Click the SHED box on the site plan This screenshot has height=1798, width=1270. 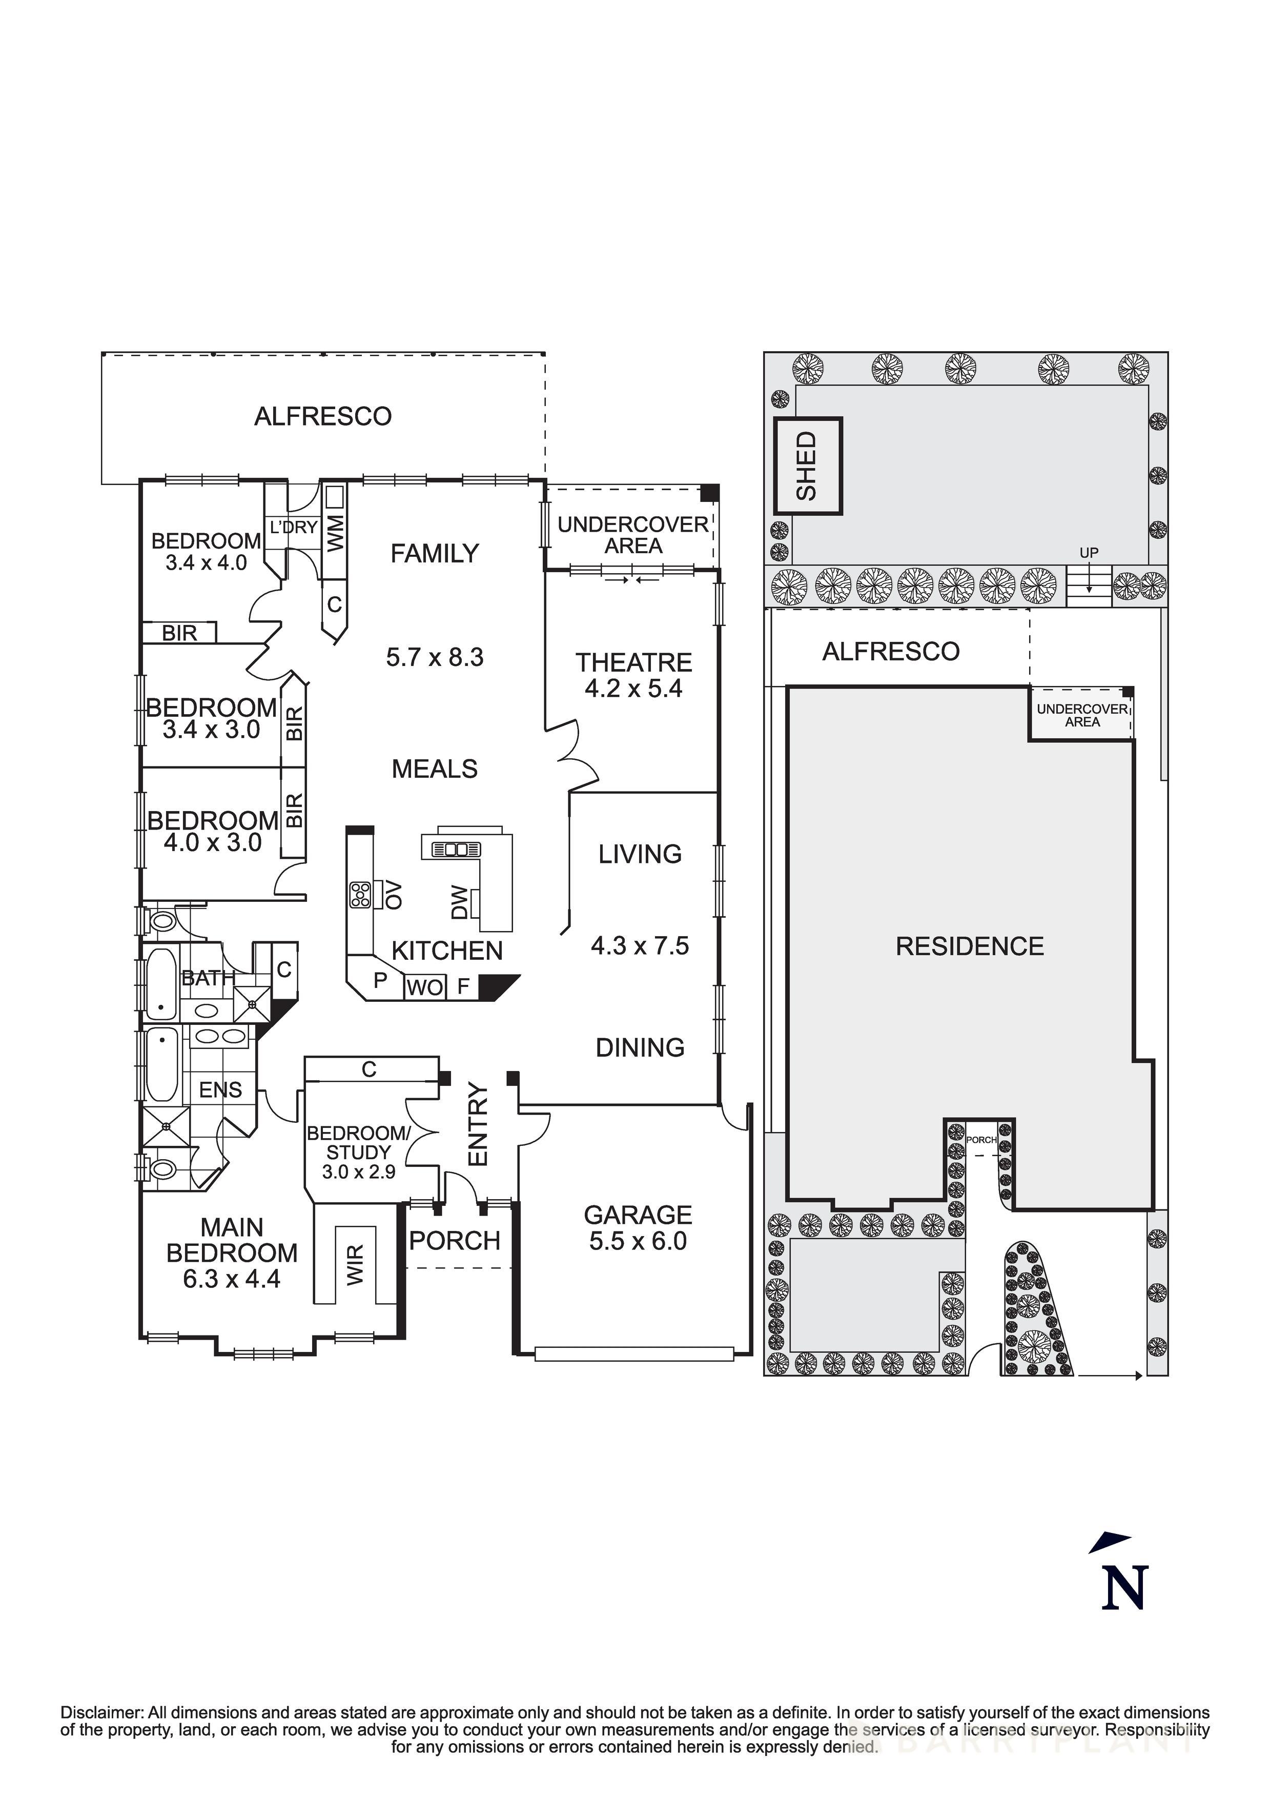(x=807, y=466)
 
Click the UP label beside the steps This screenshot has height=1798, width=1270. (x=1089, y=553)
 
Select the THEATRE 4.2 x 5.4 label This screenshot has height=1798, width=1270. (x=633, y=675)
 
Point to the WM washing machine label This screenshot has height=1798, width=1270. (x=335, y=533)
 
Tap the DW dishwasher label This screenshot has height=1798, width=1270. (x=460, y=902)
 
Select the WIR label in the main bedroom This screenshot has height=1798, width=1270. (x=356, y=1265)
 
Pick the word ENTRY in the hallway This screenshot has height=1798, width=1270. (x=478, y=1124)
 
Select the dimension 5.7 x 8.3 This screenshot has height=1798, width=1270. (x=435, y=657)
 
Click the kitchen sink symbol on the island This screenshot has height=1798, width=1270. (x=451, y=850)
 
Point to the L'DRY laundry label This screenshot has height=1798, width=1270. (x=294, y=527)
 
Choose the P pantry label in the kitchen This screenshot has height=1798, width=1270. (x=380, y=980)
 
